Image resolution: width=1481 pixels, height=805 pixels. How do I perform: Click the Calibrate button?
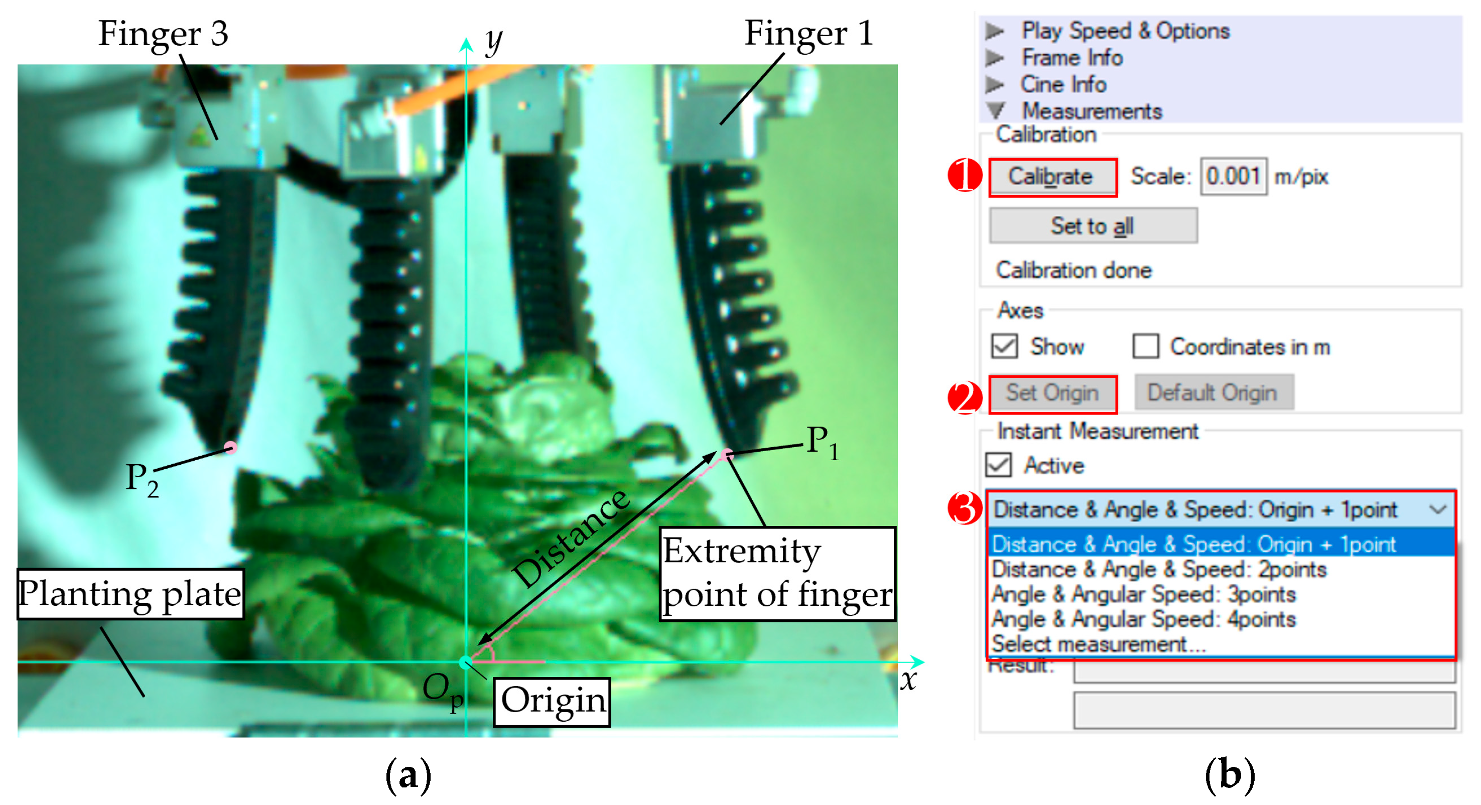pos(1052,177)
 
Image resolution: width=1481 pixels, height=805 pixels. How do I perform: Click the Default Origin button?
pos(1214,393)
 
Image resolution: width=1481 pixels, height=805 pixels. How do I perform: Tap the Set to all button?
pos(1093,226)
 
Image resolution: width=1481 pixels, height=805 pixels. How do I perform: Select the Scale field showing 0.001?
pos(1233,177)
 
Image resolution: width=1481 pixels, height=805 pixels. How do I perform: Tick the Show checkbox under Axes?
pos(1004,346)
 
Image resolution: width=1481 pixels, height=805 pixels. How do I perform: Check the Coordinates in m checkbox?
pos(1145,346)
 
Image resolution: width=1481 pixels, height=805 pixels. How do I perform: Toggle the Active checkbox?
pos(999,465)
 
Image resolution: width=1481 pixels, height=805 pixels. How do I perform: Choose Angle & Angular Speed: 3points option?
pos(1144,594)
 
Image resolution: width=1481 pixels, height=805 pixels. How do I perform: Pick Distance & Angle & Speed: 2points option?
pos(1159,569)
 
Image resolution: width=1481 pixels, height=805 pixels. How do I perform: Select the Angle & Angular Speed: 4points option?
pos(1144,619)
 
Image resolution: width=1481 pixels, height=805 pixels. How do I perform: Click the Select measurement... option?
pos(1098,644)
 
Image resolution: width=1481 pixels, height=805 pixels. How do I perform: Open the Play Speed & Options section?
pos(1125,31)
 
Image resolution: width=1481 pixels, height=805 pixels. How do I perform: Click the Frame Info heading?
pos(1071,58)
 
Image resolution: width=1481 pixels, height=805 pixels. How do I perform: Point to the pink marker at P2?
pos(230,447)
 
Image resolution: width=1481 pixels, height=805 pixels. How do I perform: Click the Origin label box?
pos(552,701)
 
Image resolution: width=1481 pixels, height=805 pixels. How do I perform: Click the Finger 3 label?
pos(163,33)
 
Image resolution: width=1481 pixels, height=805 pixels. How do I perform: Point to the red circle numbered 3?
pos(965,508)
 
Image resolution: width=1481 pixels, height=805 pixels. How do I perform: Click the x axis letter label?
pos(908,680)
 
